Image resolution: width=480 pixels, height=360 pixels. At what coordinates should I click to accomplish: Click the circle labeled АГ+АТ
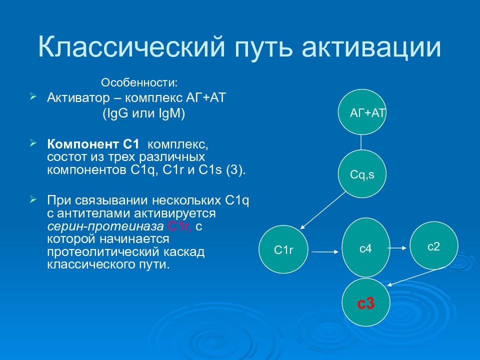point(362,112)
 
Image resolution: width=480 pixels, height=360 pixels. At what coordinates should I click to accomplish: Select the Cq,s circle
point(362,173)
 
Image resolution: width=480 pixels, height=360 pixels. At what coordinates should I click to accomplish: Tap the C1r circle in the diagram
point(283,249)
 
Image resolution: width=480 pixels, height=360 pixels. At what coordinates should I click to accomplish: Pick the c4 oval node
point(366,247)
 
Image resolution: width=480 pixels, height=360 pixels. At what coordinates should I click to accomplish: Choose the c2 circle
point(434,245)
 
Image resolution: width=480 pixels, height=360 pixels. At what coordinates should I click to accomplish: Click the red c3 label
point(366,303)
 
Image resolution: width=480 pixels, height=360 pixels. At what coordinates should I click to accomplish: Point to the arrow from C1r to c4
point(325,252)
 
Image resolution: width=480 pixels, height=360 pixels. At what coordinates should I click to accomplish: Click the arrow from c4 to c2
point(397,248)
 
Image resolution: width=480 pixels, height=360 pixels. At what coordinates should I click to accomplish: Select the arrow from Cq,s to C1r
point(322,210)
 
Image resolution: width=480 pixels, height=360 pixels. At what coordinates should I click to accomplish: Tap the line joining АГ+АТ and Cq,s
point(361,142)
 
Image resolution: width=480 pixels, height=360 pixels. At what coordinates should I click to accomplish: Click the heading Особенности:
point(139,82)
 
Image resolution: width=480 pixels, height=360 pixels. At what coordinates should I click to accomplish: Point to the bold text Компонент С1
point(93,144)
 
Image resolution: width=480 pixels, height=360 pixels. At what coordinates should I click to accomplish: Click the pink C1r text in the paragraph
point(179,226)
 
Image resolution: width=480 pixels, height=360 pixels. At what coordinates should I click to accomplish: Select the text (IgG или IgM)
point(143,113)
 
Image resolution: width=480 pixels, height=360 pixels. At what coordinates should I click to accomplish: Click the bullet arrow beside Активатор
point(33,97)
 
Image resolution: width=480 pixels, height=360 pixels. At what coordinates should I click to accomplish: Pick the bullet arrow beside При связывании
point(33,199)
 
